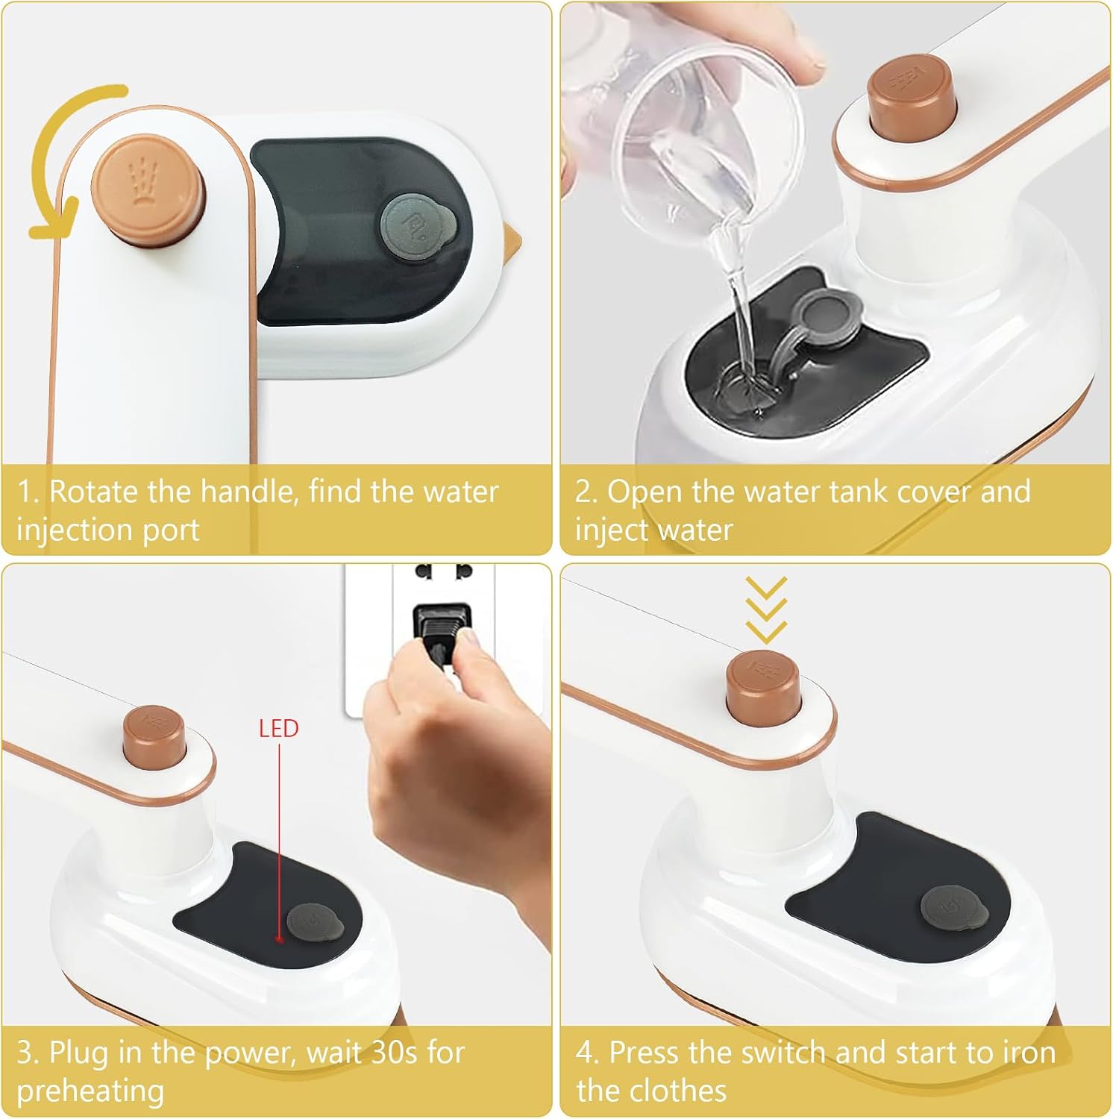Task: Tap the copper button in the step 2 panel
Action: pyautogui.click(x=912, y=98)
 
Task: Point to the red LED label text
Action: pyautogui.click(x=278, y=728)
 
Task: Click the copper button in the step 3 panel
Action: pyautogui.click(x=154, y=738)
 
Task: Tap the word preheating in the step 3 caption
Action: pyautogui.click(x=90, y=1091)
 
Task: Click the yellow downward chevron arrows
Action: pyautogui.click(x=766, y=610)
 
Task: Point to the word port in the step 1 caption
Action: pyautogui.click(x=172, y=531)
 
